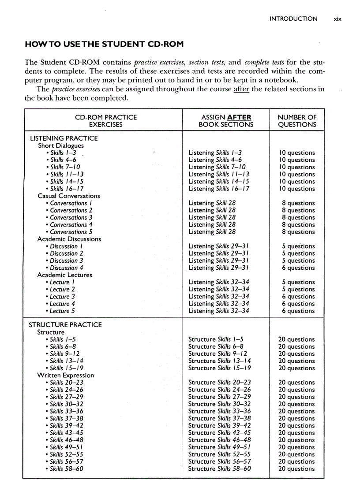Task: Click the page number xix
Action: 337,19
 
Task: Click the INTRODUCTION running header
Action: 293,19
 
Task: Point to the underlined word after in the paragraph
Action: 241,89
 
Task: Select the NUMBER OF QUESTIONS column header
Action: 297,121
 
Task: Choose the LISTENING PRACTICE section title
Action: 63,138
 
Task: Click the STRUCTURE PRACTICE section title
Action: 65,325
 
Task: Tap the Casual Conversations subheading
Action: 68,196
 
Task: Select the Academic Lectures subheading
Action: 64,275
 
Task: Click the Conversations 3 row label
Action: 71,217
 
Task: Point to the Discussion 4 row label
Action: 66,268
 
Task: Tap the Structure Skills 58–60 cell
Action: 219,469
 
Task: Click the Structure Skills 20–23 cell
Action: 219,383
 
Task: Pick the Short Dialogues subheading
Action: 60,145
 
